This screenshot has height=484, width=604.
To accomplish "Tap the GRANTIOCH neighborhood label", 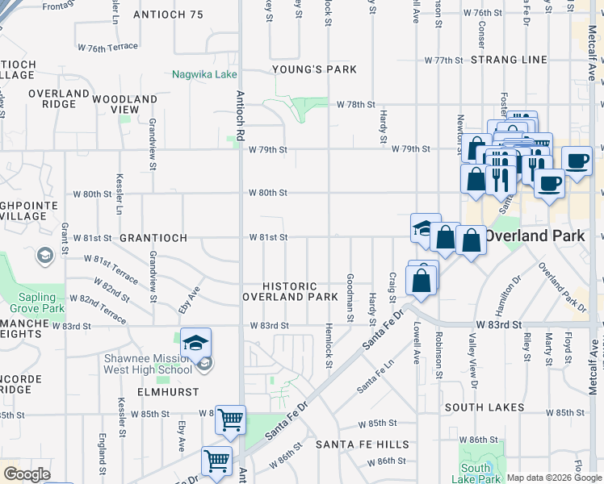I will [x=153, y=239].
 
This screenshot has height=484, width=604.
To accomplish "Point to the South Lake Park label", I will [x=476, y=474].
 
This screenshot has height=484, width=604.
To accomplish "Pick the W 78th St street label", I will [x=357, y=105].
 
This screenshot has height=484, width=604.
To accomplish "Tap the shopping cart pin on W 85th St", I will [x=231, y=419].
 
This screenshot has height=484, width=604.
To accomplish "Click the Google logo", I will [x=27, y=474].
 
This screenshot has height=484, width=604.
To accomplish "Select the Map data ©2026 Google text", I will [x=553, y=478].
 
